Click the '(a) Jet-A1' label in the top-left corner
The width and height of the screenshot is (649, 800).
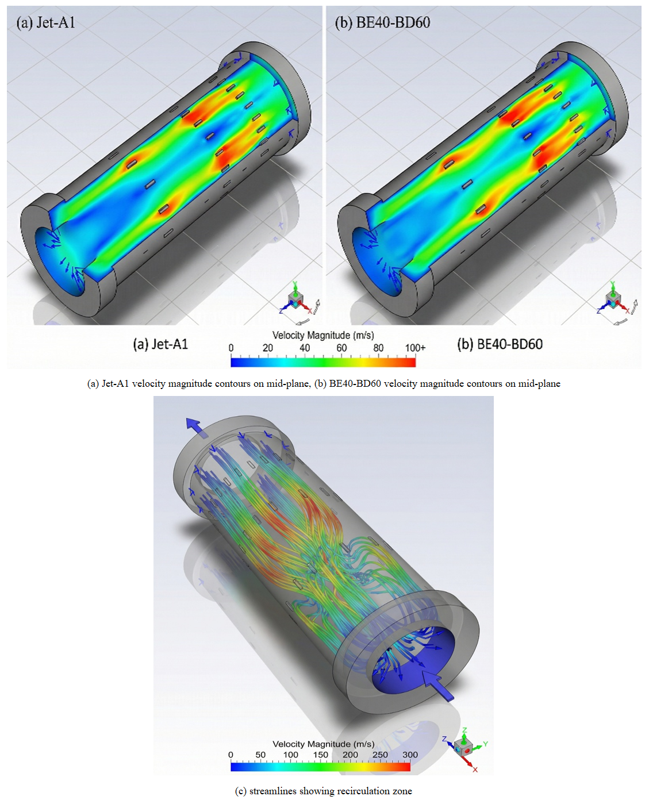tap(45, 22)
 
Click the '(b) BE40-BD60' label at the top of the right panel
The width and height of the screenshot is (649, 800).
tap(382, 22)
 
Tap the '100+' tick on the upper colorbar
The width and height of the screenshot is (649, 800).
tap(415, 348)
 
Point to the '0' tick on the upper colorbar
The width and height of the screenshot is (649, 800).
tap(231, 348)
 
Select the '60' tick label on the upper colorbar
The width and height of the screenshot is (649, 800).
tap(341, 348)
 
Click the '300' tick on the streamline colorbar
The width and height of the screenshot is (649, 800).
tap(410, 755)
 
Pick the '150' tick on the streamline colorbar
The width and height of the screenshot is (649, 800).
tap(320, 755)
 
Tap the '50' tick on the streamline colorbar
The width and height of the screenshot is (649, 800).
tap(260, 755)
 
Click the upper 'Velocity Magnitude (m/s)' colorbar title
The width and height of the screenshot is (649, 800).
tap(323, 335)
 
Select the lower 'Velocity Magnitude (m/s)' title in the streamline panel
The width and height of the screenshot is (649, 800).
tap(324, 744)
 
